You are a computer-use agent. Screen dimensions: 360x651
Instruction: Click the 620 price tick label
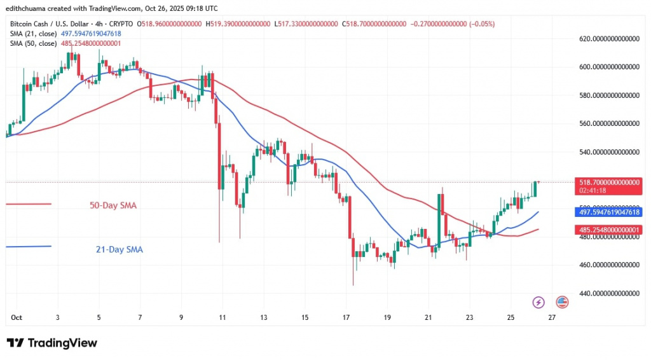[x=608, y=39]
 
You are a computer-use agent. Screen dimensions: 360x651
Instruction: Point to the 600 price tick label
[x=608, y=67]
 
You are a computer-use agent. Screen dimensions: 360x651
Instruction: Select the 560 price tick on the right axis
[x=608, y=124]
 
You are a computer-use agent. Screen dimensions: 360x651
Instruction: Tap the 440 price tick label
[x=608, y=293]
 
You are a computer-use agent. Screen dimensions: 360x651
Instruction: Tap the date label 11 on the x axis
[x=222, y=317]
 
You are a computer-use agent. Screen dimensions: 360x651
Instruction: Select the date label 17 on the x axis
[x=346, y=317]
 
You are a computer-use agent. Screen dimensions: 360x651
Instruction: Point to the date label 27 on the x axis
[x=551, y=317]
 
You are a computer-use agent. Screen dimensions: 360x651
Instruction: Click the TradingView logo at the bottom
[x=52, y=343]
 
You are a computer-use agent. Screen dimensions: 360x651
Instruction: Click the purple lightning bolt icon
[x=538, y=302]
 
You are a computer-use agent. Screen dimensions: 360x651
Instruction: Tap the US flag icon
[x=562, y=302]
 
